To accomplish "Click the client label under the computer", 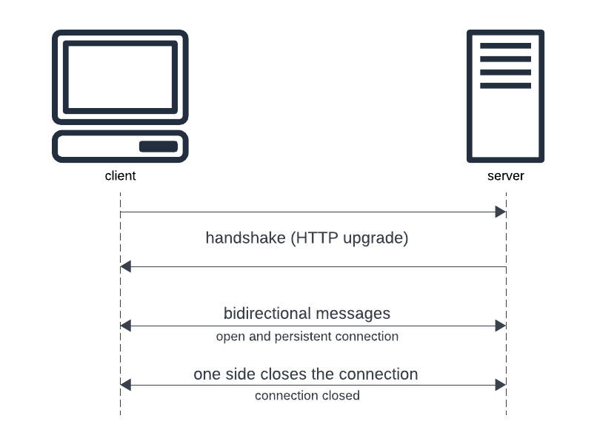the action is pos(120,176).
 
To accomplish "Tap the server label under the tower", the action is pos(506,176).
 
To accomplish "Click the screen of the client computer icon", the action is pos(120,77).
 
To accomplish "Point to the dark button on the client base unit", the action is pos(159,147).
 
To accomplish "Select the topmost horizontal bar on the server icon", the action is pos(506,46).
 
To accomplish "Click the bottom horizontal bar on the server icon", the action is pos(506,86).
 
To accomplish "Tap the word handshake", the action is pos(246,238).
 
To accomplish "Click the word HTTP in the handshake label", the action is pos(317,238).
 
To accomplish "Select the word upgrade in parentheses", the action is pos(373,238).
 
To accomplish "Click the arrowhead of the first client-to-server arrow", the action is pos(501,212).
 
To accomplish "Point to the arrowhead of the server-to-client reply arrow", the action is pos(126,266).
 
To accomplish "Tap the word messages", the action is pos(353,314).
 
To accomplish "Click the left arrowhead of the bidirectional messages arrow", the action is pos(126,326).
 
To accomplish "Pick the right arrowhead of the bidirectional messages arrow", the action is pos(501,326).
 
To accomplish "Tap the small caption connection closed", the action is pos(307,396).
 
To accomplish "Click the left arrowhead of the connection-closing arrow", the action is pos(126,385).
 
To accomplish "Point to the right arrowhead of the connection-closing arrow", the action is pos(501,385).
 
